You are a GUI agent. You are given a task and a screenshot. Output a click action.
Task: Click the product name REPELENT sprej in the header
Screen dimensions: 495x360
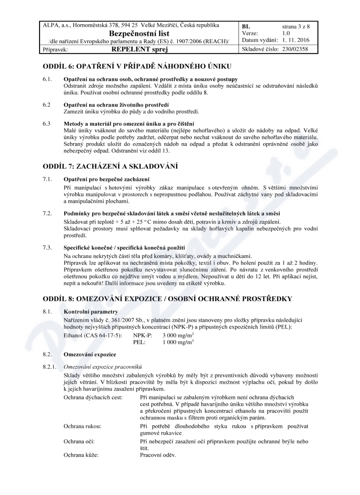[139, 49]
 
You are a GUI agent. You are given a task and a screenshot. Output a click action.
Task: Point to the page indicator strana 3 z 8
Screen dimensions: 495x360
[296, 27]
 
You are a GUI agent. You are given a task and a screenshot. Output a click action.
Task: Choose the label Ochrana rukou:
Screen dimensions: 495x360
[82, 425]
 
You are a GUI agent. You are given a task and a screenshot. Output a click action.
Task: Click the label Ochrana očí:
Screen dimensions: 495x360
[79, 441]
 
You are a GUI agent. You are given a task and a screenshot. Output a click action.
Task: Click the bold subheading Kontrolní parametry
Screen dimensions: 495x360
[91, 312]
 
